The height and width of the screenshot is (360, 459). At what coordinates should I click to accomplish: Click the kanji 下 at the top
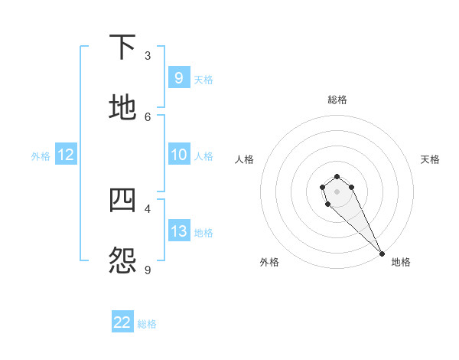tap(123, 47)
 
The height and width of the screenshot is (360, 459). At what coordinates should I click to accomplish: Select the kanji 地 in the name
tap(123, 108)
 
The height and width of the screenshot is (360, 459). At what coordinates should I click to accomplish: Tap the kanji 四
tap(123, 200)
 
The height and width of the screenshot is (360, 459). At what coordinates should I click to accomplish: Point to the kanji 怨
tap(123, 261)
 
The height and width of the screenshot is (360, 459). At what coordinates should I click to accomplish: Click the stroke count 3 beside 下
tap(148, 56)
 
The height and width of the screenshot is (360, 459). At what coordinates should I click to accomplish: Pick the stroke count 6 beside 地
tap(148, 116)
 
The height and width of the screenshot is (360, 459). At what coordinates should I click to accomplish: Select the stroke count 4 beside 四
tap(148, 208)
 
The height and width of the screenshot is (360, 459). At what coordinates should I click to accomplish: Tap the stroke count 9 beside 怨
tap(148, 270)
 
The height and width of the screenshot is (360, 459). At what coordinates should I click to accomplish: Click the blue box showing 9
tap(178, 77)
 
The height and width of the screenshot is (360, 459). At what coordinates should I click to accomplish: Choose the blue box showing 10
tap(178, 155)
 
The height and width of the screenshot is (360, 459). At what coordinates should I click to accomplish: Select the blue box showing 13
tap(178, 231)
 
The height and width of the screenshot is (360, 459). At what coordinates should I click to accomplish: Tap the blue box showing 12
tap(66, 155)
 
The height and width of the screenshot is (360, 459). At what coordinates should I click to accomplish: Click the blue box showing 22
tap(122, 322)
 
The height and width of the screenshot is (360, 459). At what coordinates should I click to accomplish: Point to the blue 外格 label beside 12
tap(41, 156)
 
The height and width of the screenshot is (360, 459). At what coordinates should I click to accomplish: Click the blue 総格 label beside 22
tap(147, 324)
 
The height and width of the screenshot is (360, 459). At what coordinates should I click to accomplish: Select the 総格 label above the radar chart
tap(337, 100)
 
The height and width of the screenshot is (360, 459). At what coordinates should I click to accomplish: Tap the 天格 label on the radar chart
tap(430, 159)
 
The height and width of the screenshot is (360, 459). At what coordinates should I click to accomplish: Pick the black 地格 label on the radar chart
tap(401, 262)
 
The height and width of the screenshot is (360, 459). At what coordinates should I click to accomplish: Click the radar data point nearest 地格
tap(382, 254)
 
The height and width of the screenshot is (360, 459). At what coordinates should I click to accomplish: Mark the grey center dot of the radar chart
tap(337, 191)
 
